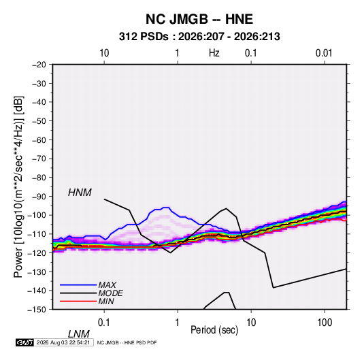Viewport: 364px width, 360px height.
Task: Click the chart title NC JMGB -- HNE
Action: pos(199,19)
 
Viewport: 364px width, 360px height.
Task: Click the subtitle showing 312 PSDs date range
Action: pos(199,37)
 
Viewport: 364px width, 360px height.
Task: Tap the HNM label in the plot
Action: pos(80,193)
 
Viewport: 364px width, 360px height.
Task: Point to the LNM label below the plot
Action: pos(79,334)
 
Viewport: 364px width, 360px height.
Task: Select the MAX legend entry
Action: pos(107,284)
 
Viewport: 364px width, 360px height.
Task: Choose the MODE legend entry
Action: pos(110,293)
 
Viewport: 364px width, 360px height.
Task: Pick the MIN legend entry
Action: pos(106,301)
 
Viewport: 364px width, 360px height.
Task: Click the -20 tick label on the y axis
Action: pos(39,65)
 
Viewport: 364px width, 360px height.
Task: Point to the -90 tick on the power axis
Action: pos(39,197)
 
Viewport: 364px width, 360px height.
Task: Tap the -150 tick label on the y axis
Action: pos(37,310)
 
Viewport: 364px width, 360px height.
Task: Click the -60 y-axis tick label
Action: pos(39,140)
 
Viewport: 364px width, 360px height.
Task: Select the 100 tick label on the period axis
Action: pos(325,323)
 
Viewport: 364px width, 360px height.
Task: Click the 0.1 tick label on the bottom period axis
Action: pos(104,323)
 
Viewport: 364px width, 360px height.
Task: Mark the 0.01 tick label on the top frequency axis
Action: pos(324,53)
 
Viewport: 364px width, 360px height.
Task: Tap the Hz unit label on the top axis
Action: pos(214,53)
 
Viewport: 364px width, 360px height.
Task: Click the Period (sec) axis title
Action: pos(214,330)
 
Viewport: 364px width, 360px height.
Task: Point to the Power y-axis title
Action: pos(18,187)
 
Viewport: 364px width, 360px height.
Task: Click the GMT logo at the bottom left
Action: pos(25,342)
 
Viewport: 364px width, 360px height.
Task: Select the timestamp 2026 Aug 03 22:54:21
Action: pos(63,342)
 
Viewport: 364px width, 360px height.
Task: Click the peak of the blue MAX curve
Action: pos(166,208)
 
